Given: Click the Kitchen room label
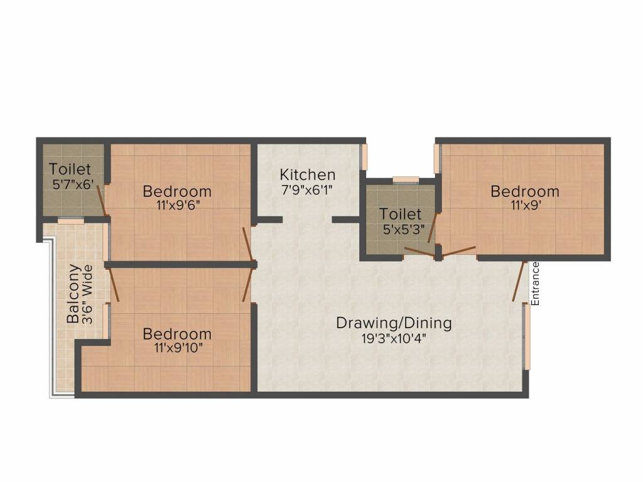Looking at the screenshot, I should (x=307, y=174).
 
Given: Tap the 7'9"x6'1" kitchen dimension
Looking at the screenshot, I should (x=307, y=189).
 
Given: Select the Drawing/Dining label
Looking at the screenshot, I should (x=394, y=323).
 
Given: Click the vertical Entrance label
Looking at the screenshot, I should (x=535, y=283).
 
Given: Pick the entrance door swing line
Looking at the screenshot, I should (x=518, y=282).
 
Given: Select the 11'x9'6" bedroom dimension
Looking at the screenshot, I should (x=176, y=205).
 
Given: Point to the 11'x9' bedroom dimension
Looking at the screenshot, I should (x=524, y=205).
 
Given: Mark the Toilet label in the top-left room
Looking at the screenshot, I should (x=70, y=169).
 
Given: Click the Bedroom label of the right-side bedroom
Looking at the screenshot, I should (x=524, y=191).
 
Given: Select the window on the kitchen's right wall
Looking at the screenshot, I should (x=363, y=157).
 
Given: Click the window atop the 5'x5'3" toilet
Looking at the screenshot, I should (x=406, y=181).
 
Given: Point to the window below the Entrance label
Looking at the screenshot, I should (x=527, y=337).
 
